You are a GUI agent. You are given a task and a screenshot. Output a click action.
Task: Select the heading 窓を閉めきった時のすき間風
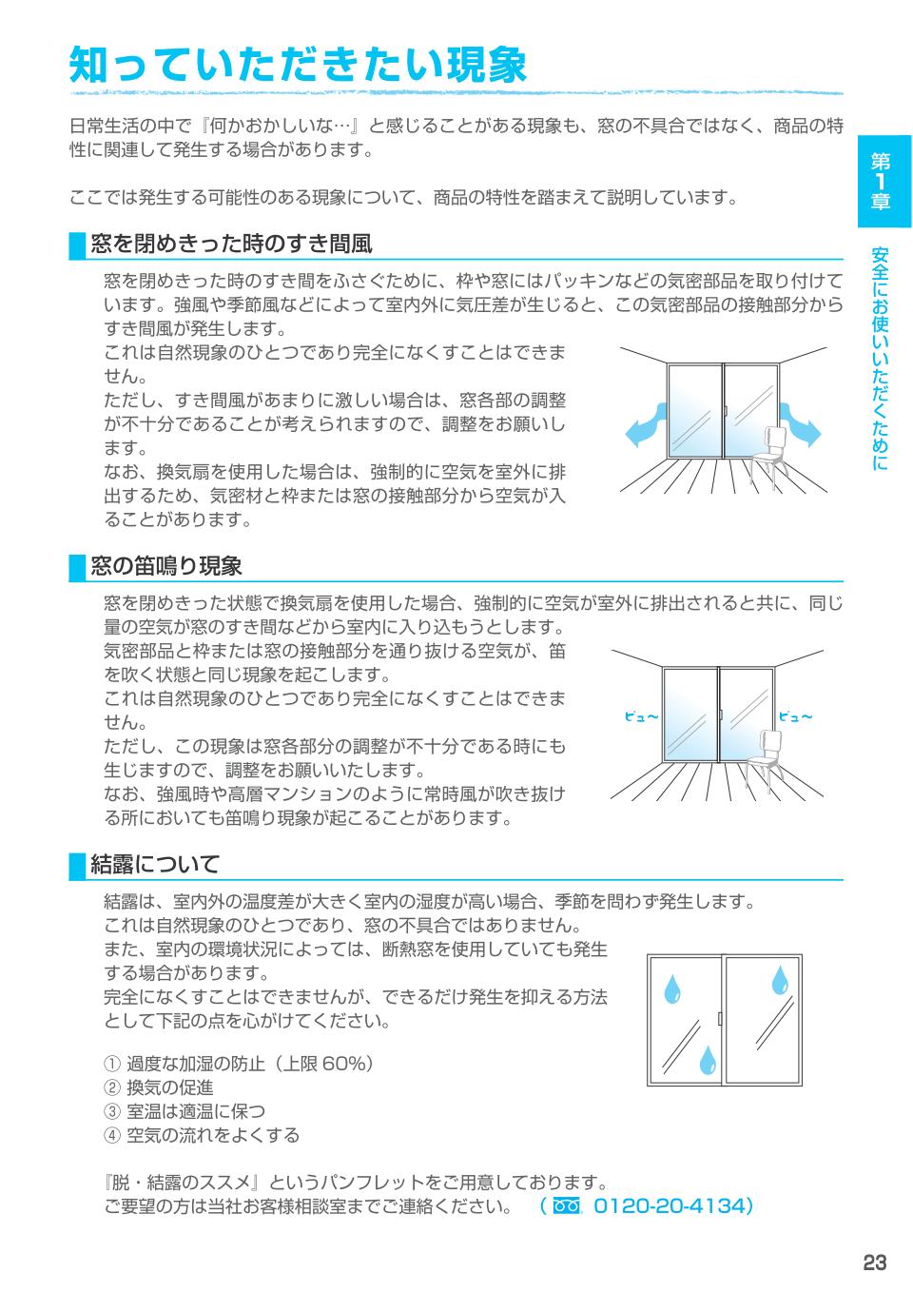230,245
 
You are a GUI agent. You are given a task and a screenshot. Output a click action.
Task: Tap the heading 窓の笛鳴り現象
166,566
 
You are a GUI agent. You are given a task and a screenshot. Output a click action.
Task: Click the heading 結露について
155,864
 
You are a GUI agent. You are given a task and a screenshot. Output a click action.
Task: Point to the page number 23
874,1263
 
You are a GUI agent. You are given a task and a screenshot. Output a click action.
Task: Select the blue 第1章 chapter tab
884,181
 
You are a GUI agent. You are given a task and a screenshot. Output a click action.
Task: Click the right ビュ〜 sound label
795,716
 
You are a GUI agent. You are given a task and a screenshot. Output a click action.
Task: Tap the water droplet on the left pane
672,987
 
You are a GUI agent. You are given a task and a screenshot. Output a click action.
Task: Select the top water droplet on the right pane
781,979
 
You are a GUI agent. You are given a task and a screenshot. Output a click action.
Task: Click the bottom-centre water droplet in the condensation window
707,1059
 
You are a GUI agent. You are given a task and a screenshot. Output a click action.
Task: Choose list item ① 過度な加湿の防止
238,1064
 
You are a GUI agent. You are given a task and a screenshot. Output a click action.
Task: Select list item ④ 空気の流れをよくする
201,1135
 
